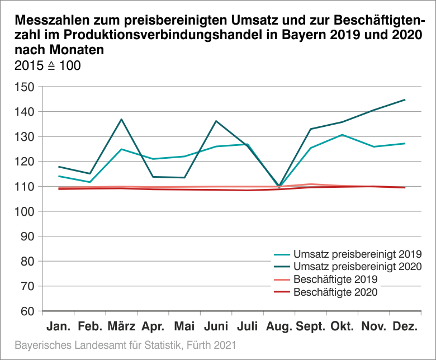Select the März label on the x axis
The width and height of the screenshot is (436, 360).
click(121, 326)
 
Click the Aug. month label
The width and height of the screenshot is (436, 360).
click(278, 326)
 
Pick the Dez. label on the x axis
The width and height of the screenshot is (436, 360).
click(405, 326)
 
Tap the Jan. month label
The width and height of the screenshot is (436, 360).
click(58, 326)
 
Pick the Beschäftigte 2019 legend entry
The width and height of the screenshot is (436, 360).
click(335, 278)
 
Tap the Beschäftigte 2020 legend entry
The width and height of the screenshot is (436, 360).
click(335, 291)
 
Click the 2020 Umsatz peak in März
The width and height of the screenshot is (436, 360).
click(121, 119)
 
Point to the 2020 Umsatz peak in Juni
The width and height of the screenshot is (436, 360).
click(216, 121)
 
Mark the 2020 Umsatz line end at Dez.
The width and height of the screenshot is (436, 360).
click(405, 100)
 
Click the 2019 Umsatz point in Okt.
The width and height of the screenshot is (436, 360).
click(342, 135)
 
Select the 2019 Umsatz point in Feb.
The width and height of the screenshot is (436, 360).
click(89, 182)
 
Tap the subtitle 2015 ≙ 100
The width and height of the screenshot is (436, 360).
click(48, 65)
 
